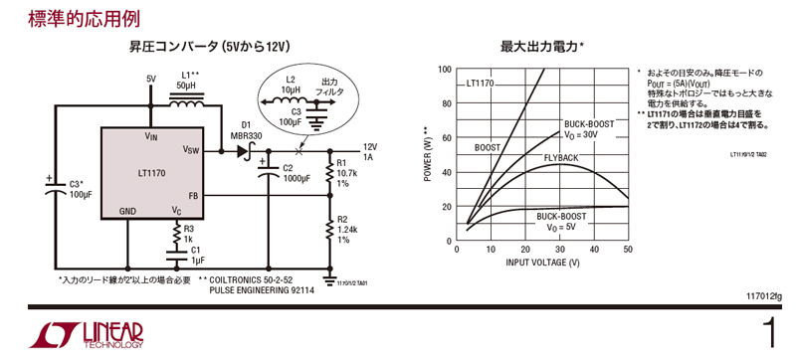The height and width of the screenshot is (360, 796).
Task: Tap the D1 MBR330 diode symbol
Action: [x=241, y=151]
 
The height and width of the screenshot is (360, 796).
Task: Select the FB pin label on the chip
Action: [x=193, y=196]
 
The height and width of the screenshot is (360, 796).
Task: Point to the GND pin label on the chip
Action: [x=127, y=211]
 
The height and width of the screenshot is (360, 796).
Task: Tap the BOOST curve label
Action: [x=488, y=147]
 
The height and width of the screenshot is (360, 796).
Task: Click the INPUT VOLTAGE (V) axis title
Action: [x=542, y=262]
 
